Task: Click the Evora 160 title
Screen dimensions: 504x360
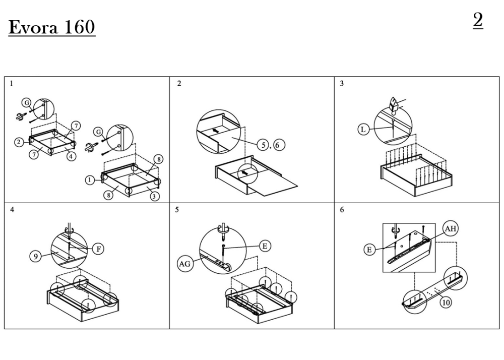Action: point(52,27)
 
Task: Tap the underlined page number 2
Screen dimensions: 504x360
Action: point(478,20)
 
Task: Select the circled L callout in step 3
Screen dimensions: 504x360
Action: point(363,130)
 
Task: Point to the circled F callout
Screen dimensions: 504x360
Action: point(98,249)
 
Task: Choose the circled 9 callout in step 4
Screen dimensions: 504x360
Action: point(35,256)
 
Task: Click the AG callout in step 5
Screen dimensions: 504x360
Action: point(184,264)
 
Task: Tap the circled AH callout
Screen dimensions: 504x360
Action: point(450,228)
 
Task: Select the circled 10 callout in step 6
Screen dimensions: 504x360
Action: point(446,302)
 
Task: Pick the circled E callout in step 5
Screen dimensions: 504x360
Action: point(265,246)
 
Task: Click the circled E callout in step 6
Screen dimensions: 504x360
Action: point(369,250)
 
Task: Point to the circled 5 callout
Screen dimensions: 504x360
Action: point(263,145)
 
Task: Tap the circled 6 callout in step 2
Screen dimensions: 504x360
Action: point(278,145)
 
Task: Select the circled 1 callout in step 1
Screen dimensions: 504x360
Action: point(90,180)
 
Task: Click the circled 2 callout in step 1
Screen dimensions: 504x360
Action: point(19,142)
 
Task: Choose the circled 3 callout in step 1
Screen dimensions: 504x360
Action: point(155,196)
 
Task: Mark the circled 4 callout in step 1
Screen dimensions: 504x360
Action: point(72,156)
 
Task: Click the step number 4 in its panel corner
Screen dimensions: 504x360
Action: point(12,210)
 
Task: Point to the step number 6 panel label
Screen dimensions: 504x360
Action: point(342,210)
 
